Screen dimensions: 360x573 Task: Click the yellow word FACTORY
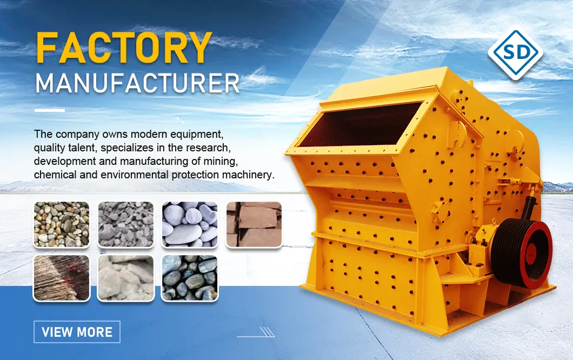click(124, 48)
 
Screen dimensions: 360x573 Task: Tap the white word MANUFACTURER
click(137, 83)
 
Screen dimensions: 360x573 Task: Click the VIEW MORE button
click(77, 331)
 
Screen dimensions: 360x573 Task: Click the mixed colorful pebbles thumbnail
click(61, 224)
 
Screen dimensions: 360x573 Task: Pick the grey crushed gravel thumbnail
click(125, 224)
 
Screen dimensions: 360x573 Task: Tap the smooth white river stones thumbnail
click(189, 224)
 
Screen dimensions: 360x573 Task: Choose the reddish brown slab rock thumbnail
click(254, 224)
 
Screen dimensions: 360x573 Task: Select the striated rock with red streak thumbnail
click(61, 278)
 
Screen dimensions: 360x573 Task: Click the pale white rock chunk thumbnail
click(125, 278)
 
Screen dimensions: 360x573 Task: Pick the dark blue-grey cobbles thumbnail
click(189, 278)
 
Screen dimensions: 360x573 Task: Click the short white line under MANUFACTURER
click(49, 110)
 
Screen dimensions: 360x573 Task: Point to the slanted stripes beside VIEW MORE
click(266, 331)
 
